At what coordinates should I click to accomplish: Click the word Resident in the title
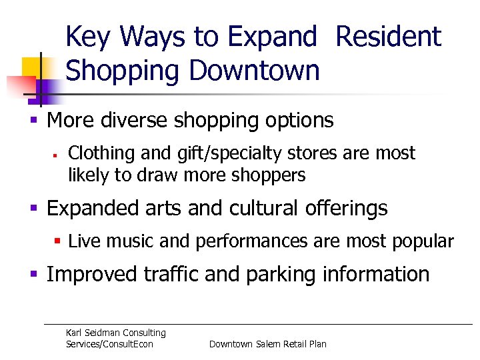388,37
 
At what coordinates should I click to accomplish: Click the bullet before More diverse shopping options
33,121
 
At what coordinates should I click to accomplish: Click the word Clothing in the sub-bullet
97,153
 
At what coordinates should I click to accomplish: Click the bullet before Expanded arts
33,209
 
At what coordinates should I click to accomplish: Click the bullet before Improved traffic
33,274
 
